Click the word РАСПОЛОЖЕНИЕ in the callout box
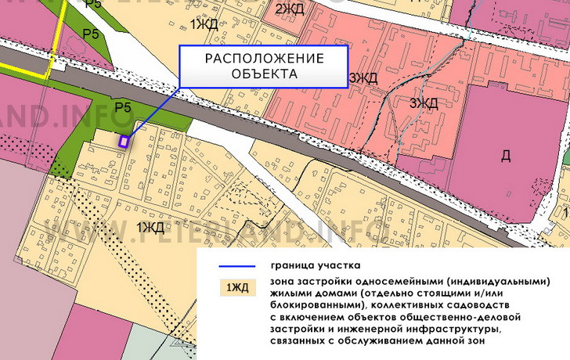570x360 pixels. (x=264, y=59)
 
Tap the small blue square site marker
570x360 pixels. (x=123, y=142)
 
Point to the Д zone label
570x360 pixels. (x=505, y=156)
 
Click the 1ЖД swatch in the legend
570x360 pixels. (x=237, y=287)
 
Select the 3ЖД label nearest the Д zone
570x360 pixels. (x=423, y=103)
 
